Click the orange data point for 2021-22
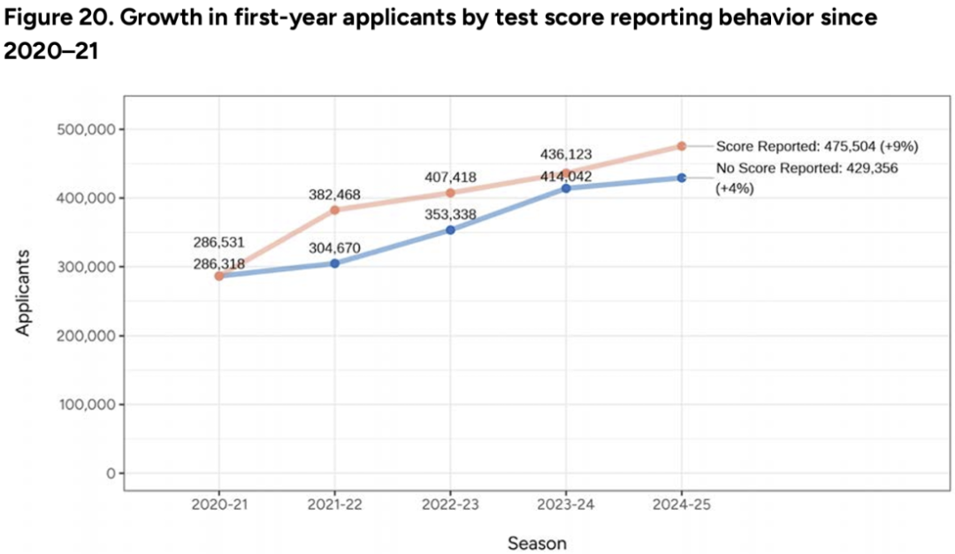[x=335, y=210]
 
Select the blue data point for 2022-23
[x=450, y=230]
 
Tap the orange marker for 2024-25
[x=682, y=146]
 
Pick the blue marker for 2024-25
[x=682, y=178]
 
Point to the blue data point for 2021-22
[x=335, y=263]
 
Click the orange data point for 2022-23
[x=450, y=193]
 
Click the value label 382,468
[x=335, y=194]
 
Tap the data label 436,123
[x=566, y=155]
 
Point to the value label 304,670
[x=335, y=248]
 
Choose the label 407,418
[x=449, y=177]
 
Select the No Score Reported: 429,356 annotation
[x=806, y=168]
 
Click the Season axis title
[x=537, y=542]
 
